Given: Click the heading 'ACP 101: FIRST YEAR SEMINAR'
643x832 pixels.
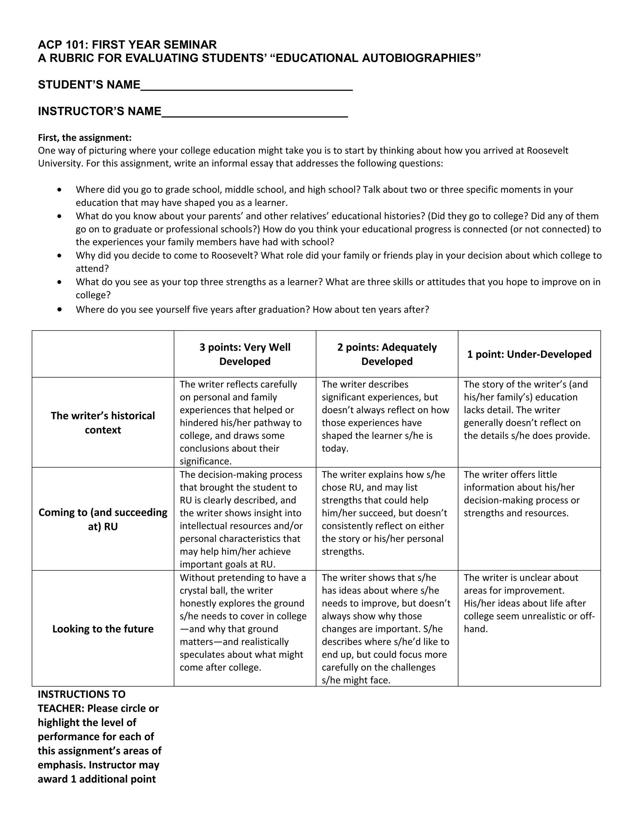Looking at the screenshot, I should coord(127,45).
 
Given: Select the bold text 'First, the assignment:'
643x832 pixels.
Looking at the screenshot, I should coord(84,138).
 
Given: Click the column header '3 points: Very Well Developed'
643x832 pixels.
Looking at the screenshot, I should coord(245,354).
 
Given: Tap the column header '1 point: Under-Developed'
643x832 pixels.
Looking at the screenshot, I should coord(529,354).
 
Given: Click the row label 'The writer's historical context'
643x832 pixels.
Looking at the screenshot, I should coord(103,423).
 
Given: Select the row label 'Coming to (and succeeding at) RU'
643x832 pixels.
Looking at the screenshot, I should coord(103,519).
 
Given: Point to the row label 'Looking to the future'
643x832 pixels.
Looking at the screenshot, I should coord(103,629).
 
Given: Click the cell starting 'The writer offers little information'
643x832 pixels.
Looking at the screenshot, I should coord(521,494).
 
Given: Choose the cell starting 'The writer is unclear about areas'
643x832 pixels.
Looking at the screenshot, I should coord(529,603).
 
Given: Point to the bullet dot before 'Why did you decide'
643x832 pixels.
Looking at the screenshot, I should coord(59,256).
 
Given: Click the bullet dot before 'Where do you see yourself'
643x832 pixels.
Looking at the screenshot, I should coord(59,309).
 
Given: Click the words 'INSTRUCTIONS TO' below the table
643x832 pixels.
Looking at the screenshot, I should coord(82,694).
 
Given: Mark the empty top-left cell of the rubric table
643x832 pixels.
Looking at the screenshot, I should coord(103,354).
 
